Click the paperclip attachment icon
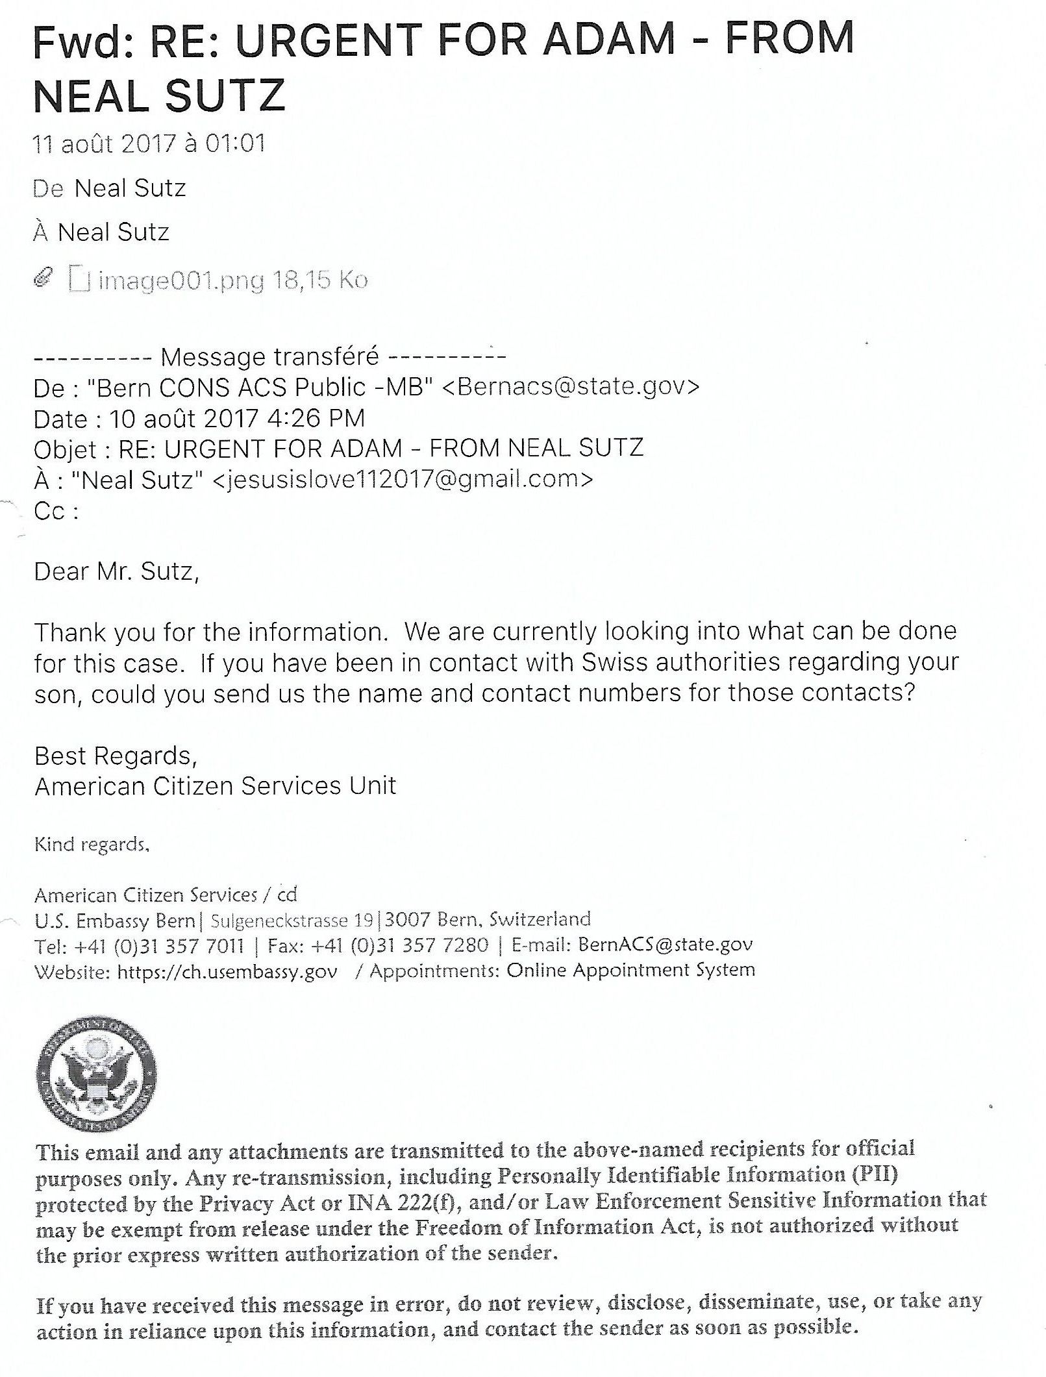coord(43,279)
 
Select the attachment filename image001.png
coord(181,280)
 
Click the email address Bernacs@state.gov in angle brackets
coord(571,387)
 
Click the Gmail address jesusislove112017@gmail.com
coord(403,480)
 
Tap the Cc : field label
coord(56,512)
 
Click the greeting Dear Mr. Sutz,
coord(116,571)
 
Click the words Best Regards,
coord(116,756)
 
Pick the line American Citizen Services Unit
coord(215,786)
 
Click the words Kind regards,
coord(92,844)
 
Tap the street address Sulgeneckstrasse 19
coord(292,920)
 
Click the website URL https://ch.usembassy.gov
coord(227,971)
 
